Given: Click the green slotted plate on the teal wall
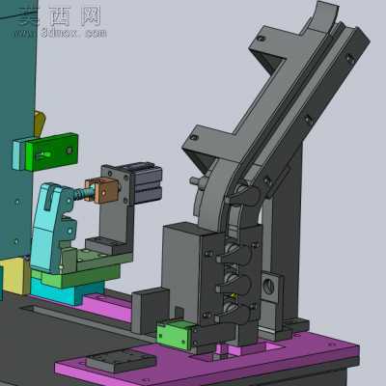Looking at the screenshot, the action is (x=52, y=152).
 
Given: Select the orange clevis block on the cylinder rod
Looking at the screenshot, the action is (x=102, y=191).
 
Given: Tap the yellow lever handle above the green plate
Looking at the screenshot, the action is (x=40, y=124).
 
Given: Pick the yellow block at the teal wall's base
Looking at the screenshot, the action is (x=14, y=276).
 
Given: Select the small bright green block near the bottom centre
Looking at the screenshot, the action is (x=175, y=335).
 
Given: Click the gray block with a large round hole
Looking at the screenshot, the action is (x=271, y=287).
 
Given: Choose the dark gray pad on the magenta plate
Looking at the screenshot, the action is (x=121, y=359).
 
